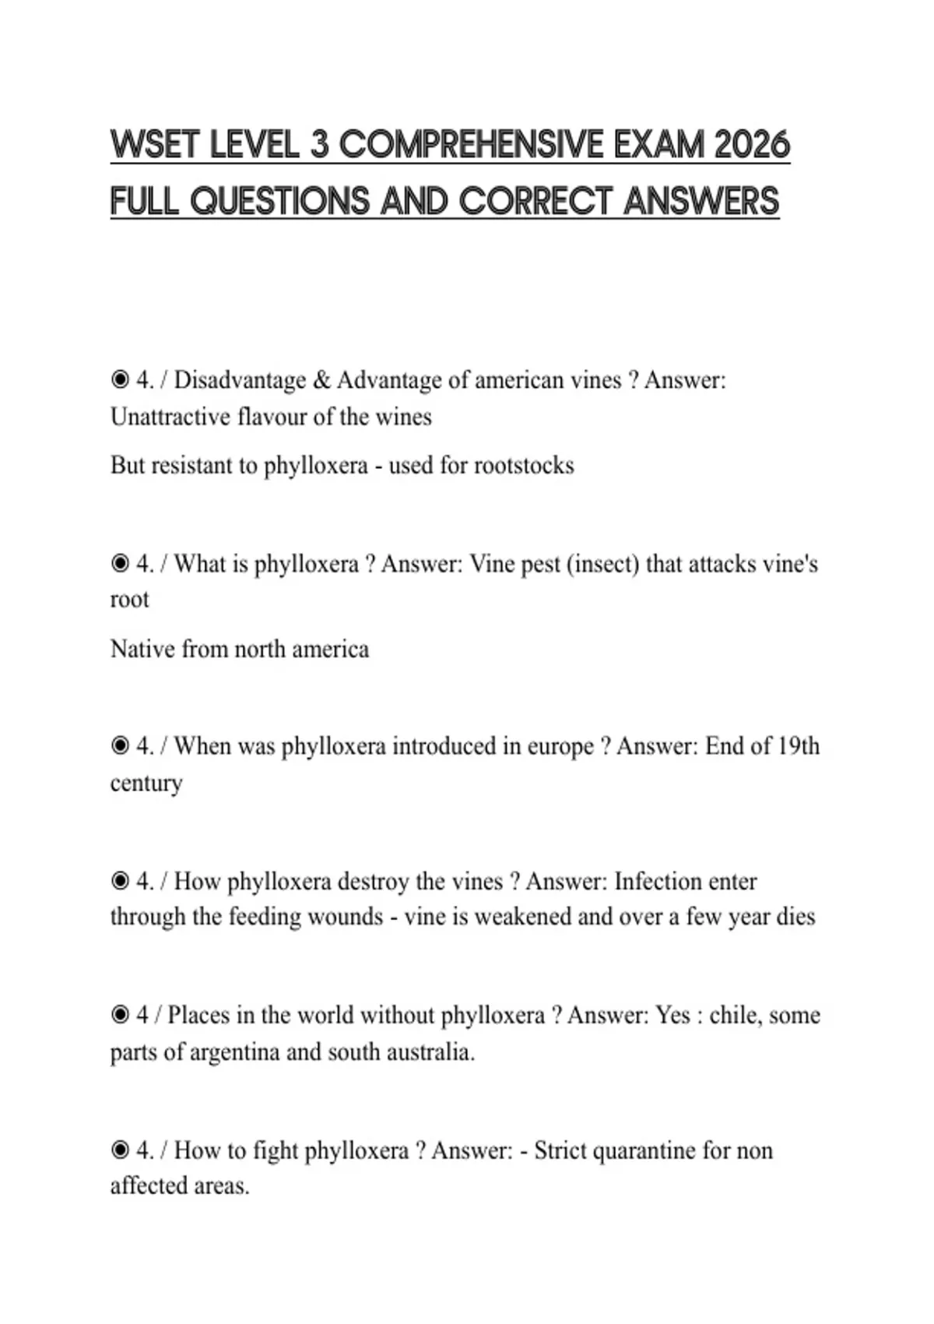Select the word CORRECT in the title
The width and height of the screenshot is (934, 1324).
click(x=536, y=201)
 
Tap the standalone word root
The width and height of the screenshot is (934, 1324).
click(x=129, y=600)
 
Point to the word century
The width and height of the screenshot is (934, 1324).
click(x=146, y=783)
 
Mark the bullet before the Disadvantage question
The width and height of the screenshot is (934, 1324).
click(x=120, y=380)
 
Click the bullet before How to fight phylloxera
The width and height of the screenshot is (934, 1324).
click(x=120, y=1150)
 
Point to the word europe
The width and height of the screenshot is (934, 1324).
click(x=560, y=746)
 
